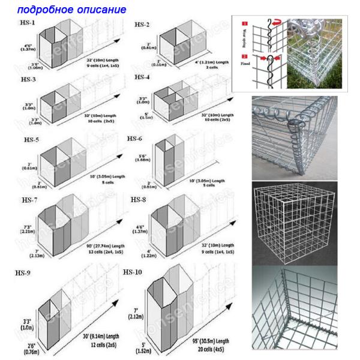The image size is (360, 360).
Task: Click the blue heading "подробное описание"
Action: point(71,10)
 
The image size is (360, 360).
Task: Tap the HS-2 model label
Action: point(142,25)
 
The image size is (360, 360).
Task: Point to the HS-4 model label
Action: point(142,77)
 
